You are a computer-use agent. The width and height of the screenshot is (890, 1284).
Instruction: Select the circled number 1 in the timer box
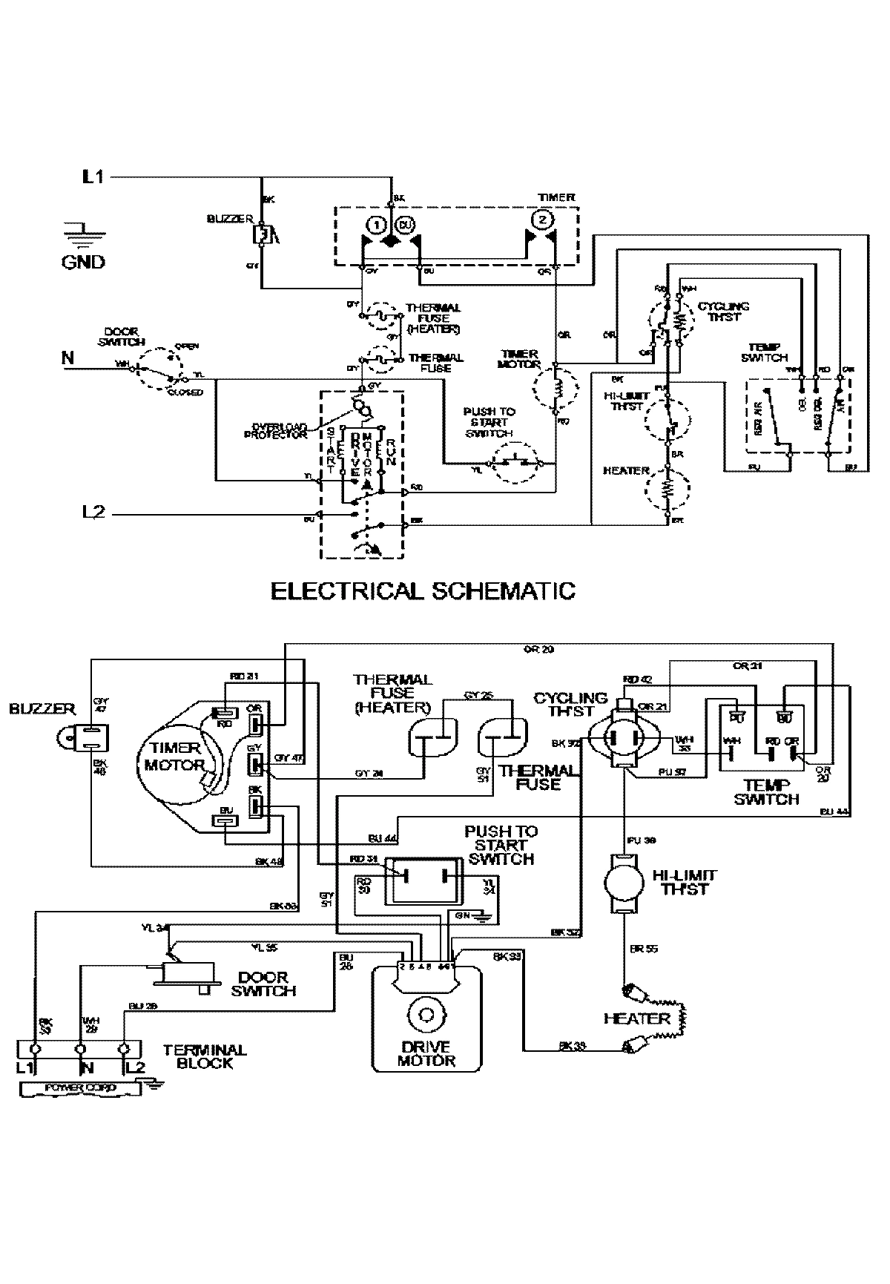click(376, 223)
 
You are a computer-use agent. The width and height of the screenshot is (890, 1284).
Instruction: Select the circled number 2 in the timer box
click(542, 220)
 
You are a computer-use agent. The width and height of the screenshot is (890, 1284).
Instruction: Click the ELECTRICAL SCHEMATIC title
click(423, 590)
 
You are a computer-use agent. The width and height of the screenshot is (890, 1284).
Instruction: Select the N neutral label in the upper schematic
click(68, 358)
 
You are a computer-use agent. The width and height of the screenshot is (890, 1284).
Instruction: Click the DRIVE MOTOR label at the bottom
click(423, 1053)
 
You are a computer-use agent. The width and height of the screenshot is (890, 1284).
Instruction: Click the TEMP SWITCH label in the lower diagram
click(767, 791)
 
